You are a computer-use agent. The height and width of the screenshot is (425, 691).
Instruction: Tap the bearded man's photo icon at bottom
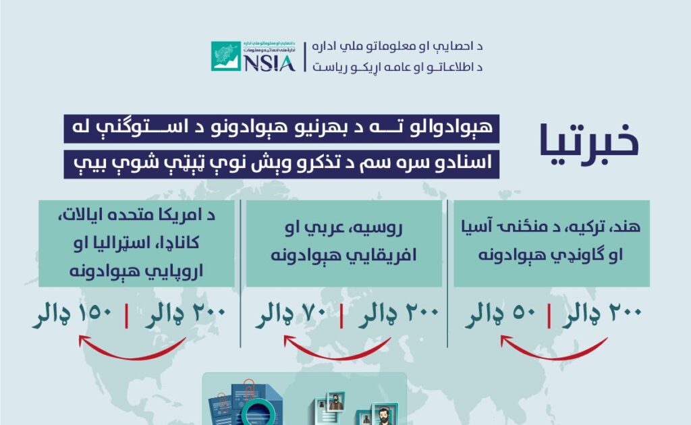pos(383,413)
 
